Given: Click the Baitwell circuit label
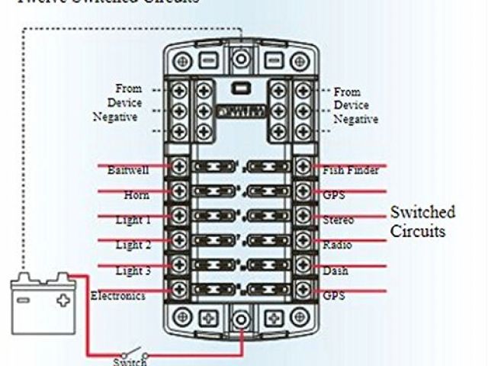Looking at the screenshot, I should coord(127,169).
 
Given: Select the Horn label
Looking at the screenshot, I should coord(136,195).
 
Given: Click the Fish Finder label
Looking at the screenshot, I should coord(350,170).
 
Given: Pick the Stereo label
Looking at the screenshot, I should coord(338,220).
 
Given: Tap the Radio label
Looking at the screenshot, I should coord(336,246).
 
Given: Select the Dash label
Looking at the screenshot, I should coord(335,271).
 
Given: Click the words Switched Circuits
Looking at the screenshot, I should coord(422,221).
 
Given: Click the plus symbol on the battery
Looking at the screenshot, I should coord(63,300).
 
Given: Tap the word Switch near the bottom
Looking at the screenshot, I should coord(130,361).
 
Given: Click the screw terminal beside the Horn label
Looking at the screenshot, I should coord(181,191).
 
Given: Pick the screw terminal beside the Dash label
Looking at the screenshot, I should coord(303,265).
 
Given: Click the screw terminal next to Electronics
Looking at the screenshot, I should coord(181,289).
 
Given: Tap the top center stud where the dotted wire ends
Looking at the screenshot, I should coord(242,58).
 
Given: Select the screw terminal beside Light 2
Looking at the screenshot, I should coord(181,240).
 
